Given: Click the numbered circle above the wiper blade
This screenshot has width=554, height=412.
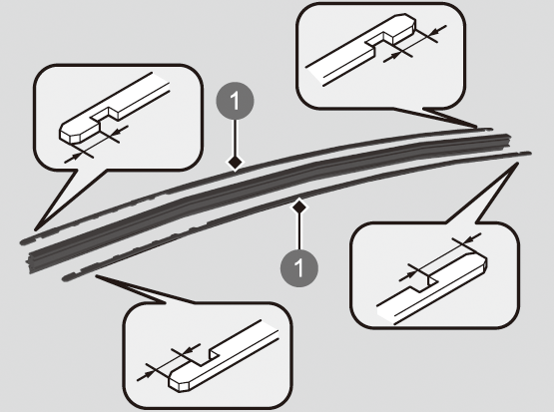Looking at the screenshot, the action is pyautogui.click(x=235, y=101).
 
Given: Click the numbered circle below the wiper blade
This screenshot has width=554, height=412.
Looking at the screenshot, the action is pyautogui.click(x=299, y=268).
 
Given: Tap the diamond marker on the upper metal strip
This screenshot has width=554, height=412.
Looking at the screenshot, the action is pyautogui.click(x=236, y=164).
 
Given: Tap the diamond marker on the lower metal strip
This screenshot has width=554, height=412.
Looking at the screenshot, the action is pyautogui.click(x=299, y=207).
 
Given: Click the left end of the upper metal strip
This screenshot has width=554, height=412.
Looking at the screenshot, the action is pyautogui.click(x=23, y=242).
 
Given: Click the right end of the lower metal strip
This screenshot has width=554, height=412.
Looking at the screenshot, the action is pyautogui.click(x=528, y=153).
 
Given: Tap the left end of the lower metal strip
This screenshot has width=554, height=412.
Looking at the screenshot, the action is pyautogui.click(x=65, y=279).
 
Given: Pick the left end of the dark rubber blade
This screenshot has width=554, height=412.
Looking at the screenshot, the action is pyautogui.click(x=30, y=262).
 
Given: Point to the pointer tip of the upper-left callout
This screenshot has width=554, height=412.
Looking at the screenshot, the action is pyautogui.click(x=36, y=228).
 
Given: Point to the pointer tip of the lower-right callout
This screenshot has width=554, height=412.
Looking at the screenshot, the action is pyautogui.click(x=517, y=164).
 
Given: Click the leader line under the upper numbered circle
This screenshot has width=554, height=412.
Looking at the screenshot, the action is pyautogui.click(x=236, y=138).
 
